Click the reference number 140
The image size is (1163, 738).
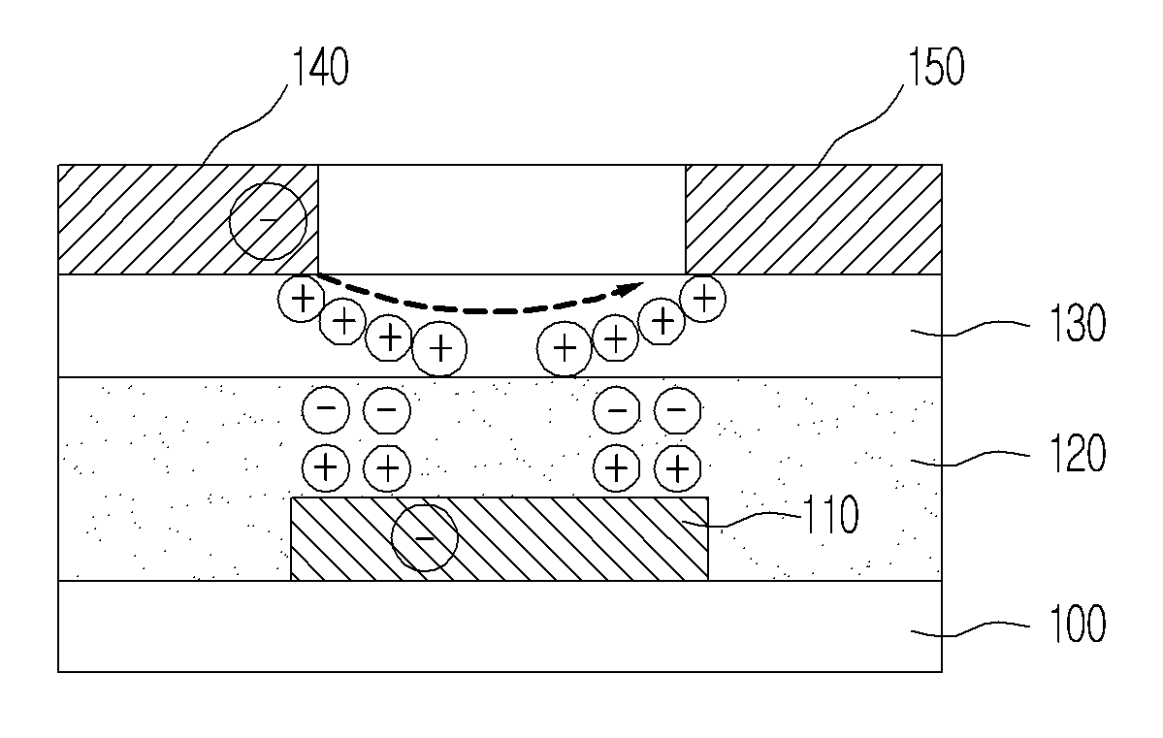point(320,67)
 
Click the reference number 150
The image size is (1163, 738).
point(936,67)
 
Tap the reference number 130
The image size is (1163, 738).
point(1078,323)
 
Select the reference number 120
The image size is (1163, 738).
point(1078,453)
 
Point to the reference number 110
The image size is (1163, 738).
point(831,514)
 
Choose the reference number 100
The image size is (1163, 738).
point(1078,624)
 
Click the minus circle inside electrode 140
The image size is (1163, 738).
point(268,221)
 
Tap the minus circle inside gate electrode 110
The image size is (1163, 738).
point(424,537)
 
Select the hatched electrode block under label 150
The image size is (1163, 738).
point(814,219)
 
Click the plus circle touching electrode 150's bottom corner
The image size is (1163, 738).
point(703,299)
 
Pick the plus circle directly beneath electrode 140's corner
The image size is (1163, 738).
point(301,299)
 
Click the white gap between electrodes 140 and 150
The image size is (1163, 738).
point(502,219)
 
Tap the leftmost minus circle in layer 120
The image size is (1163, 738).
point(326,408)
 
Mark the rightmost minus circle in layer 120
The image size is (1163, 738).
point(677,408)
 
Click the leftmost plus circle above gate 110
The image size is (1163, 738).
point(326,468)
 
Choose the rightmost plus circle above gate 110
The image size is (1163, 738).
point(677,468)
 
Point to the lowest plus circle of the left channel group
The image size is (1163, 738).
point(439,348)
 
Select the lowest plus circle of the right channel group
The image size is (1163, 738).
point(565,348)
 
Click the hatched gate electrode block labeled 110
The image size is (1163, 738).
point(500,538)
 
